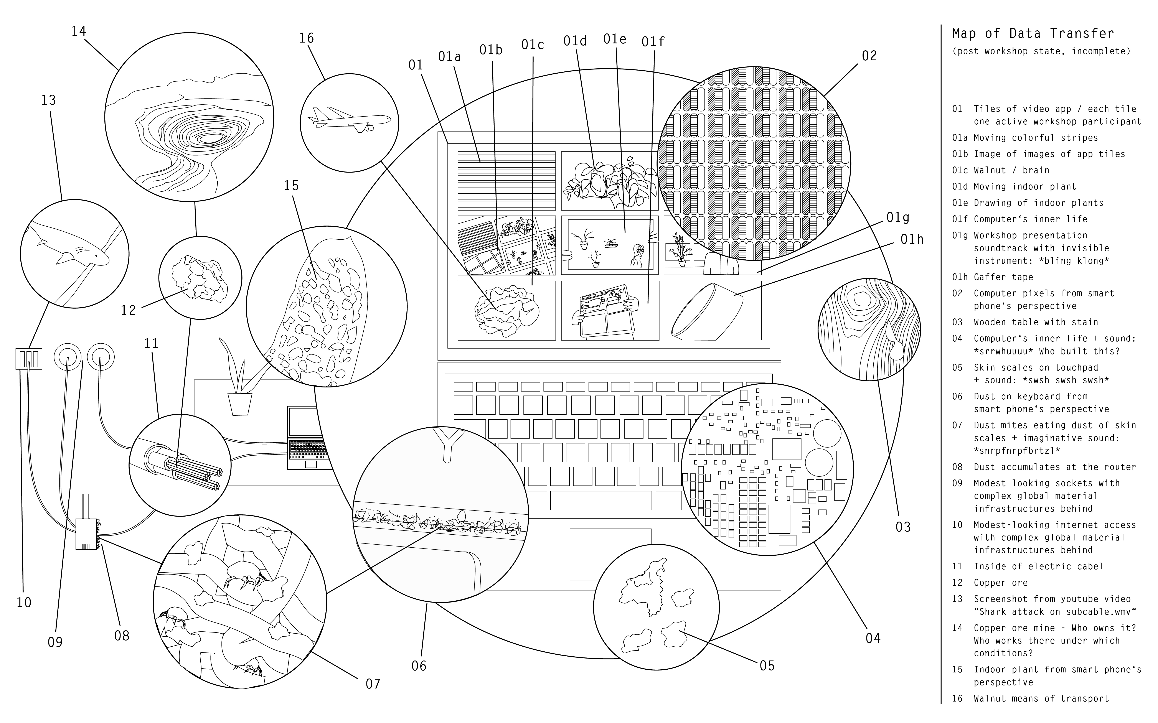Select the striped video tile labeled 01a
point(506,181)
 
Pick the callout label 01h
point(912,239)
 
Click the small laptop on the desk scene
point(306,438)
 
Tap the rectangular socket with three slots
point(29,359)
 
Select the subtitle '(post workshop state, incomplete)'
point(1041,51)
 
